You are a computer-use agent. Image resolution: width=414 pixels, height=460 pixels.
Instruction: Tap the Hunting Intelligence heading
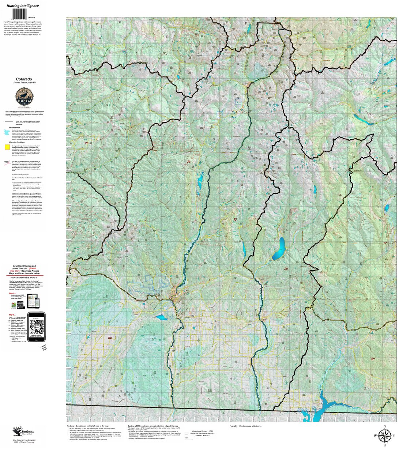tap(22, 6)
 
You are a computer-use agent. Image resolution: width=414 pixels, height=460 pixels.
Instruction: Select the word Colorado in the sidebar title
tap(24, 79)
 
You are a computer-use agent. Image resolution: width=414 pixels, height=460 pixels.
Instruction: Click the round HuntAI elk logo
tap(24, 98)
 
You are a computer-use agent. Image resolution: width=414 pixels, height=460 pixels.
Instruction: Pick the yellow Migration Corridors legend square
tap(7, 147)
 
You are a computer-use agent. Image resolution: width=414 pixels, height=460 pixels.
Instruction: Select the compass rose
tap(384, 436)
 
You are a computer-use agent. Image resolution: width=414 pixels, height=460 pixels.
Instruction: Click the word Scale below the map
tap(233, 426)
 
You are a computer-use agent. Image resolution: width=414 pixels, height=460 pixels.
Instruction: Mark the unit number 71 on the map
tap(86, 143)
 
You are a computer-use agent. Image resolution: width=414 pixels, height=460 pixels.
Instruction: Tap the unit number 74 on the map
tap(189, 162)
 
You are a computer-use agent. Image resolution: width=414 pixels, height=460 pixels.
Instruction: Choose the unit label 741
tap(110, 339)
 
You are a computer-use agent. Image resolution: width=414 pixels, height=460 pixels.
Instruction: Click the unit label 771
tap(372, 359)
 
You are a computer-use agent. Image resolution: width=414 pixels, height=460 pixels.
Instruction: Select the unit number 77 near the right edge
tap(385, 243)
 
